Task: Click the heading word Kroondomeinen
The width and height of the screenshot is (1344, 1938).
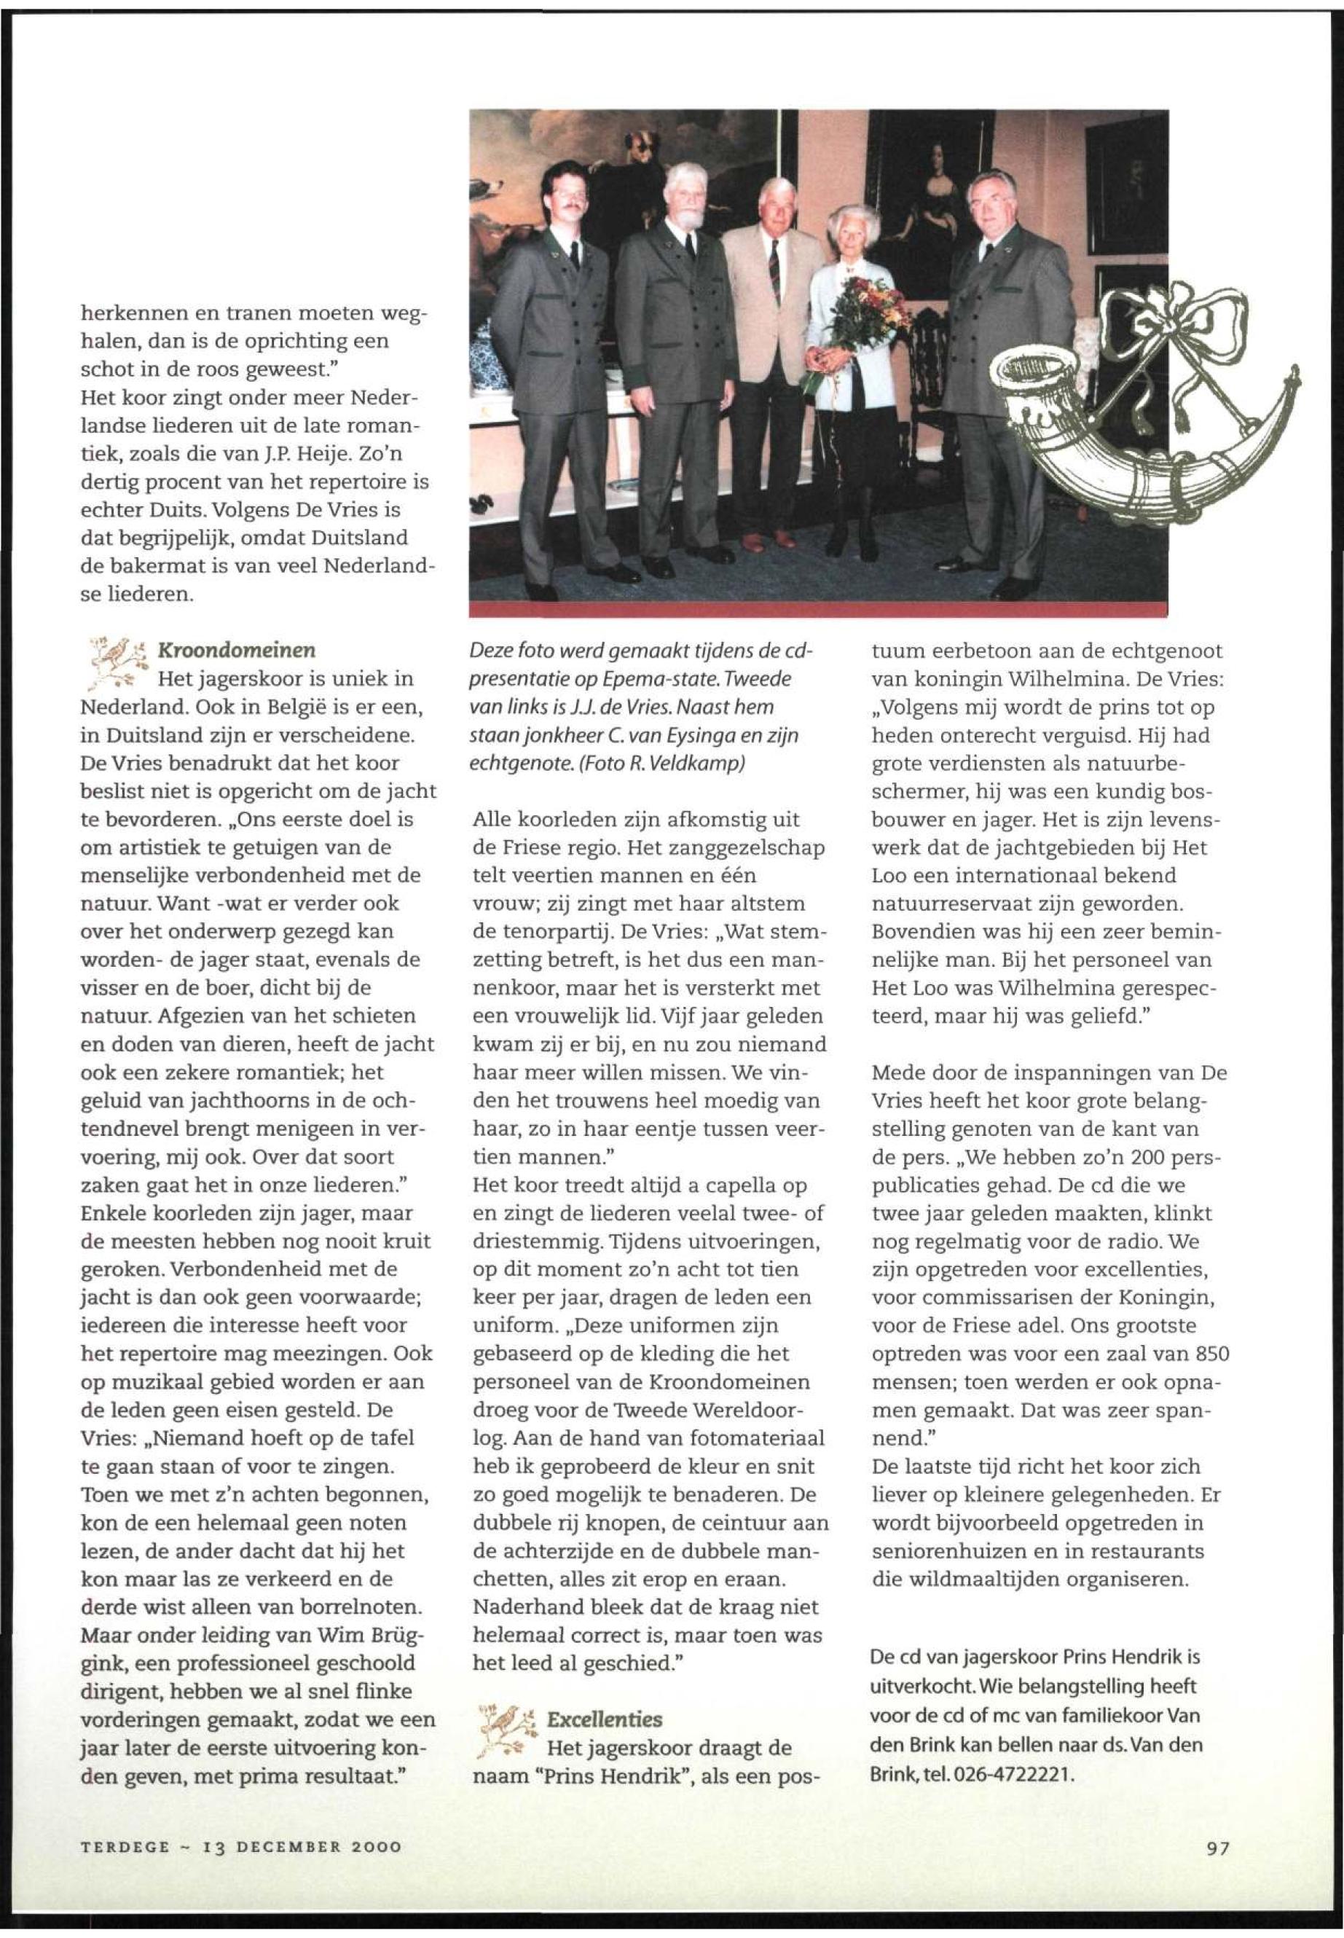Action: tap(237, 651)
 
